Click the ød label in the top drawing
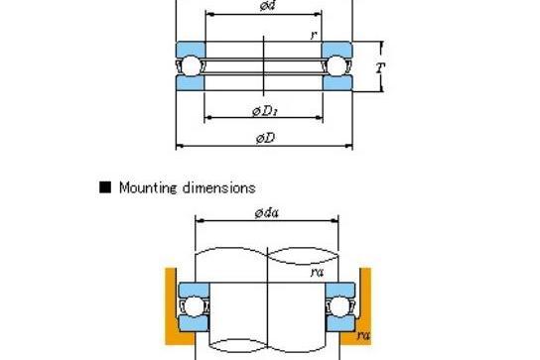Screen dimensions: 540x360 click(268, 5)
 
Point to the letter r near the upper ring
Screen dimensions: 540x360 click(314, 35)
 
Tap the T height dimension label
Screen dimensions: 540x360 click(379, 67)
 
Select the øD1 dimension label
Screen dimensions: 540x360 click(265, 111)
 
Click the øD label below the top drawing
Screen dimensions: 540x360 click(265, 139)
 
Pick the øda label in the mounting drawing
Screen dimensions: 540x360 click(267, 213)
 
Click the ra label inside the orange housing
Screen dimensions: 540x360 click(363, 335)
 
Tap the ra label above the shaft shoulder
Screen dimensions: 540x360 click(317, 273)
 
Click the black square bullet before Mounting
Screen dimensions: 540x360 click(105, 187)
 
